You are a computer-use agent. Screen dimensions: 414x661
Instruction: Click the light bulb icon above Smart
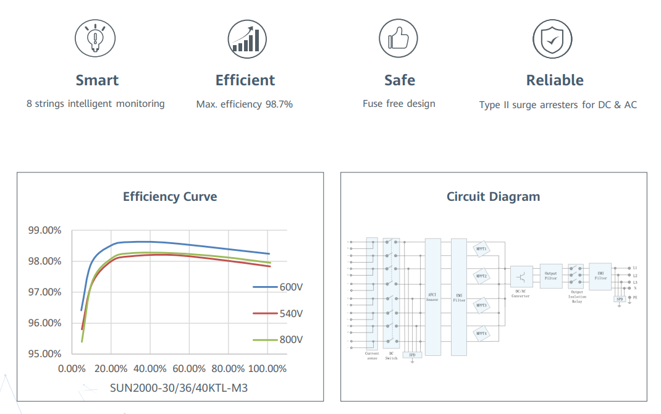coord(96,39)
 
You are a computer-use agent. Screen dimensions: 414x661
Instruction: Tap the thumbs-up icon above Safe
coord(399,39)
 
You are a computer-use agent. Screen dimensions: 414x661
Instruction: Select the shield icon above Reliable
coord(552,39)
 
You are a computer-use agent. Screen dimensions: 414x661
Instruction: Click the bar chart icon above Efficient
coord(247,39)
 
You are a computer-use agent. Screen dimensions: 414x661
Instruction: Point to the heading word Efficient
coord(245,80)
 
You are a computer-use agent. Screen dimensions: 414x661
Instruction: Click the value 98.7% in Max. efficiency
coord(279,104)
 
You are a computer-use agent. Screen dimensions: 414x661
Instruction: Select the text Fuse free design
coord(399,104)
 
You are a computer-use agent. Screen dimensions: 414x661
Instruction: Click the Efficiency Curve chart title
coord(170,197)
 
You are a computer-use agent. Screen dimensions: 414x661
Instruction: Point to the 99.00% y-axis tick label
coord(44,230)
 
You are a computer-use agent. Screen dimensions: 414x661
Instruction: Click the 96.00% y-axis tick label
coord(44,323)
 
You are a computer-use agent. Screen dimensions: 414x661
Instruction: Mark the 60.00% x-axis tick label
coord(188,369)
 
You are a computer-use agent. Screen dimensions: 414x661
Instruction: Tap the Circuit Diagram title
coord(493,197)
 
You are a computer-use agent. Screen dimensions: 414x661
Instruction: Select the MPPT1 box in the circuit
coord(481,249)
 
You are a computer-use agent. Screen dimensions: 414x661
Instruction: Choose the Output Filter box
coord(551,276)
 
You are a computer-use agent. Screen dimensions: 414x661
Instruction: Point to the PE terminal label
coord(634,297)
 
